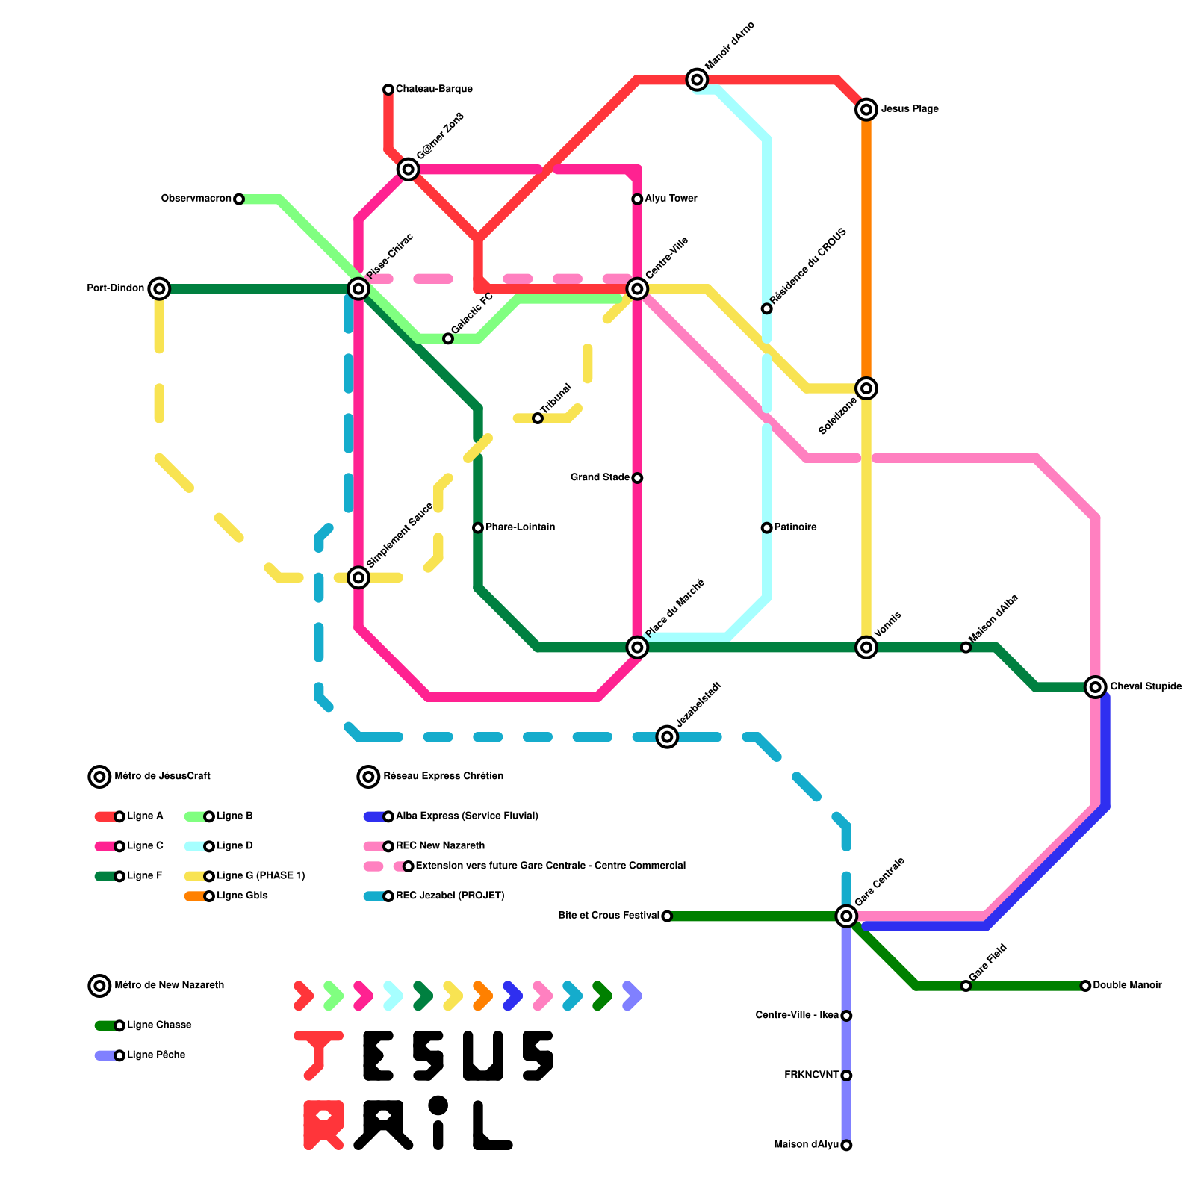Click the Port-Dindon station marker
(x=159, y=288)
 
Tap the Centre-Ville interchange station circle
(x=637, y=288)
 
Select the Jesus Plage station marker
(x=866, y=110)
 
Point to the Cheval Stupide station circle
(x=1096, y=686)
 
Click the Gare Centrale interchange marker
(x=846, y=916)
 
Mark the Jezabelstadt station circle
(x=667, y=737)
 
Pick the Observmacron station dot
(x=238, y=199)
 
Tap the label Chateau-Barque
(x=434, y=89)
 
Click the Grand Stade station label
(x=600, y=477)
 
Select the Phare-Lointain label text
(x=520, y=527)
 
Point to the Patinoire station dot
(x=766, y=528)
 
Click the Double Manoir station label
(x=1127, y=986)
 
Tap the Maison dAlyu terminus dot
(x=846, y=1145)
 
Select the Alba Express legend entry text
(x=467, y=816)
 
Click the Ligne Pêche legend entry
(x=156, y=1055)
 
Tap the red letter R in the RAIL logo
(x=323, y=1125)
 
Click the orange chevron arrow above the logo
(x=482, y=996)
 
